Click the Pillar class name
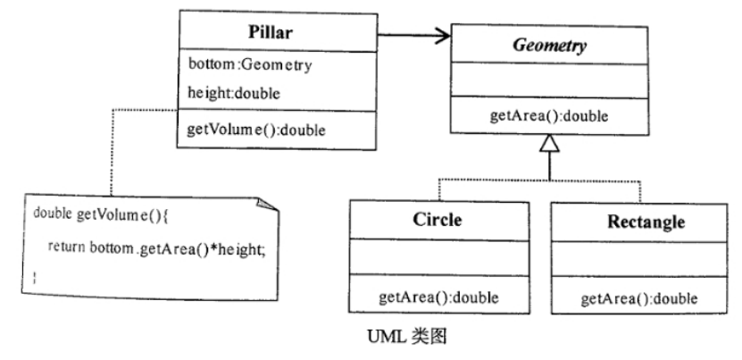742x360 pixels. (278, 32)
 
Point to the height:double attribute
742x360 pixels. (230, 91)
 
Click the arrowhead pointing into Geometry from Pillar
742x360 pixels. (440, 37)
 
